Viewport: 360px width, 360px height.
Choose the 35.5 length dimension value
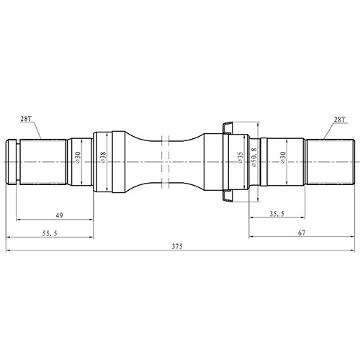[276, 214]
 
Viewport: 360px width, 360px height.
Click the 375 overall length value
[178, 246]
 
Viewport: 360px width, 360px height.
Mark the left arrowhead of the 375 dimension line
[8, 251]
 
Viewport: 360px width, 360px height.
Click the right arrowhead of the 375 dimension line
[351, 251]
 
